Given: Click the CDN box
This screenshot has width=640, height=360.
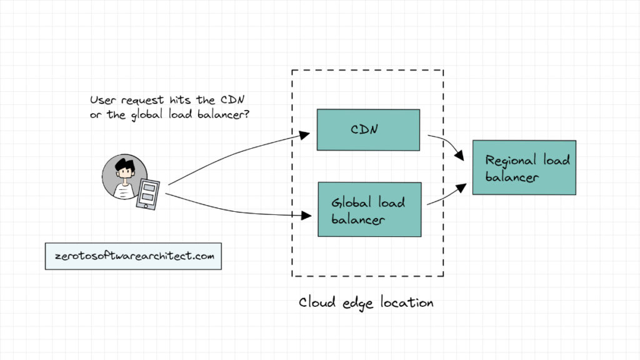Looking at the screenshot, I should click(368, 130).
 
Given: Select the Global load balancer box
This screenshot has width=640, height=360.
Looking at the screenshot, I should click(369, 209).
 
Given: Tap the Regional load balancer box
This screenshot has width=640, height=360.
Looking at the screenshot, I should click(524, 167).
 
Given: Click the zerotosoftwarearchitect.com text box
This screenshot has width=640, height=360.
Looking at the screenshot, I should click(133, 256).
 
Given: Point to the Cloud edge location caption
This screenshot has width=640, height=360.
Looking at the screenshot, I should click(366, 302).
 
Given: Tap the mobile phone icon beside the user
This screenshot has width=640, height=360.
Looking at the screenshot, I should click(148, 193).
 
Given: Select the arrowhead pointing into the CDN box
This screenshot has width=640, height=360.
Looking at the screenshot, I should click(304, 134).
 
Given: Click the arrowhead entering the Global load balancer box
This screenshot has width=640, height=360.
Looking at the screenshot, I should click(306, 216).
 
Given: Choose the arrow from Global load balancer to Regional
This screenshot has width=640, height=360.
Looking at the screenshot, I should click(449, 195).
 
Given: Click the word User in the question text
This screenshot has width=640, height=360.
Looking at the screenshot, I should click(102, 100).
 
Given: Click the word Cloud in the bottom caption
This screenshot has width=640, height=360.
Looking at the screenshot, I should click(316, 302).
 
